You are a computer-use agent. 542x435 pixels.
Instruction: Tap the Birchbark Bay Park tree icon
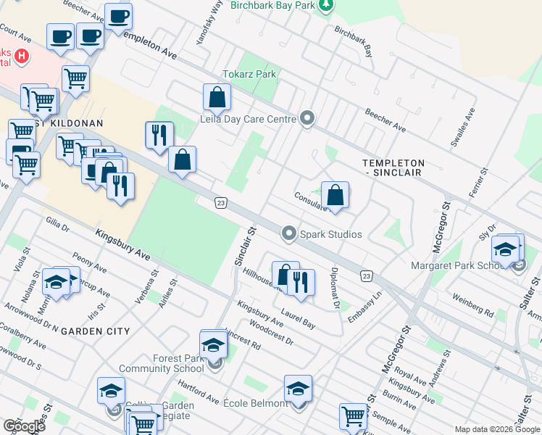tap(327, 6)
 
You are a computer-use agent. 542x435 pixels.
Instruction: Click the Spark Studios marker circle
tap(290, 233)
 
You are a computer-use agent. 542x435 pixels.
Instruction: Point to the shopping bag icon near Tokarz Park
tap(217, 96)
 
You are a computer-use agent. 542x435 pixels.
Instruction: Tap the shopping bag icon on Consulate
tap(335, 194)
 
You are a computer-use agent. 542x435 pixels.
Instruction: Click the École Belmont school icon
tap(298, 389)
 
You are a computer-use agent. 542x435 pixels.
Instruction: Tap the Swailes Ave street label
tap(462, 127)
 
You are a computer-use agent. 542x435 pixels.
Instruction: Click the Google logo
tap(24, 426)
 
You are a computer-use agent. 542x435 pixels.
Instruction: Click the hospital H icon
tap(23, 56)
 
